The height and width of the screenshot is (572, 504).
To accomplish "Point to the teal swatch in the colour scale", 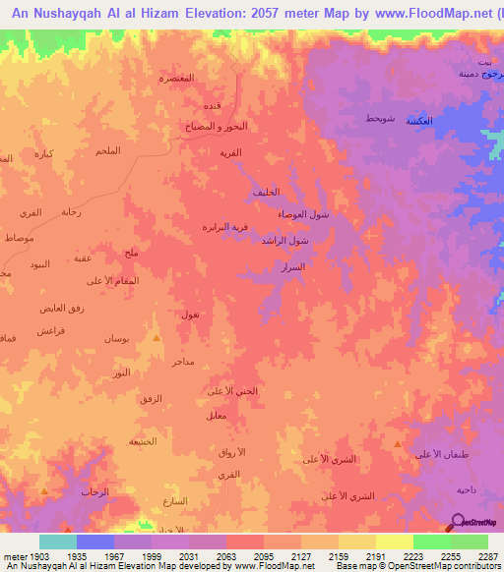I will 58,542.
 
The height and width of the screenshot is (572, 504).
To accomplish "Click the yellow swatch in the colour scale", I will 395,542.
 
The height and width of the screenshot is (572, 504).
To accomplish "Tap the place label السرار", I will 290,266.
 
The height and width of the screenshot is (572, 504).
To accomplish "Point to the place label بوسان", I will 116,338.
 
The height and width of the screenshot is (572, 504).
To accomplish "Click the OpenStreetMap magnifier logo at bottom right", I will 457,521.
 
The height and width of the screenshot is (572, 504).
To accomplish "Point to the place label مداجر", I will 183,362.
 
